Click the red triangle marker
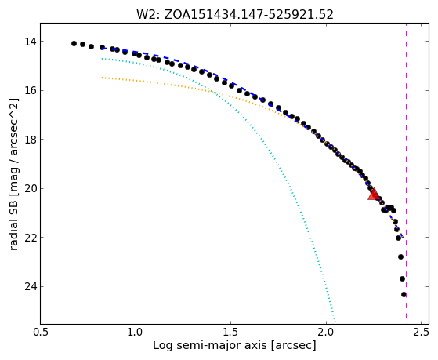(374, 195)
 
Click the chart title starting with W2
(234, 15)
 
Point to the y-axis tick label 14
(31, 42)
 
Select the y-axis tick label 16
(31, 91)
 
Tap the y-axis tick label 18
(31, 140)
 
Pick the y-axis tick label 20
(31, 188)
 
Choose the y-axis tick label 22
(31, 237)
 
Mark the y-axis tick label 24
(31, 286)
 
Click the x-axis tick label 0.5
(41, 332)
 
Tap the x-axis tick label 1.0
(136, 332)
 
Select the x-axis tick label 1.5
(230, 332)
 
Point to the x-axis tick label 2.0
(326, 332)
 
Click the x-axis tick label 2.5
(422, 332)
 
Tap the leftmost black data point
(74, 43)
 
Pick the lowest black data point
(404, 294)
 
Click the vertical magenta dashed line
(406, 171)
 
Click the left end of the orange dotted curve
(102, 78)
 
